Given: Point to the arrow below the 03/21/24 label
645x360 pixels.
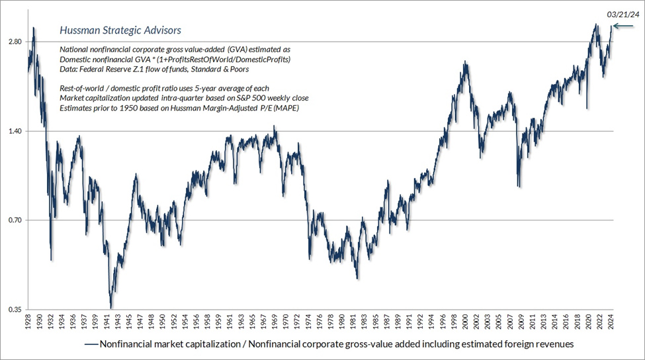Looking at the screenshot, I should point(624,26).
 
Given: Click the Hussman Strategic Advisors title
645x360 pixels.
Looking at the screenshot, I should point(120,30).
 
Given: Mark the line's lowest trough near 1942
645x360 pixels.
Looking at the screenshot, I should point(111,307).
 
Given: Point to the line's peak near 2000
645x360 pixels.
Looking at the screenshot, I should point(466,62).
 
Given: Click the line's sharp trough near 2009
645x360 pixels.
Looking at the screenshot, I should point(519,186).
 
